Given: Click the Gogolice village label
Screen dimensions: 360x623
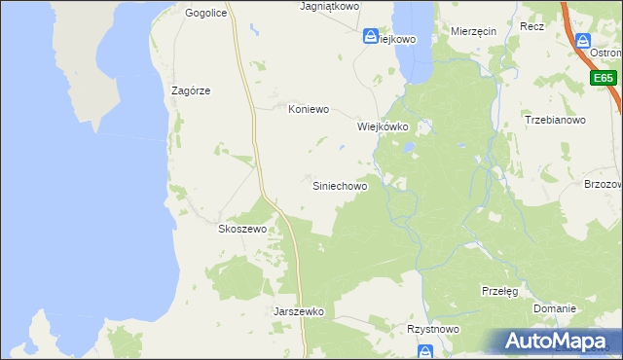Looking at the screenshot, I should [205, 14].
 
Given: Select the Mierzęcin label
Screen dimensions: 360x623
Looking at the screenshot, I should [474, 31].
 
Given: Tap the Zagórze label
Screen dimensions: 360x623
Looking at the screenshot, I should [191, 90].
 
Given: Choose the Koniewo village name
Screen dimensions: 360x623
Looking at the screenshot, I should [310, 110].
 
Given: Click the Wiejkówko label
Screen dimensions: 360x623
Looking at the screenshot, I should [381, 126].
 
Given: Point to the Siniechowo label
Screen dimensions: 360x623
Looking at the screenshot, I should [340, 185].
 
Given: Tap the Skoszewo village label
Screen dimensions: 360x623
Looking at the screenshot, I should [241, 229].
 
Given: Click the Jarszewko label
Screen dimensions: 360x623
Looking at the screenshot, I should [299, 312].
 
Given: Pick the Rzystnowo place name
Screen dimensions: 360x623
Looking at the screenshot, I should [433, 330].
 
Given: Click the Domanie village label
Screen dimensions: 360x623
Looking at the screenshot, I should [555, 308].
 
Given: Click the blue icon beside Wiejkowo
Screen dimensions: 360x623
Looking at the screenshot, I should [371, 37].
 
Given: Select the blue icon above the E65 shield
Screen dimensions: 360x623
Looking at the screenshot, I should [582, 42].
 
